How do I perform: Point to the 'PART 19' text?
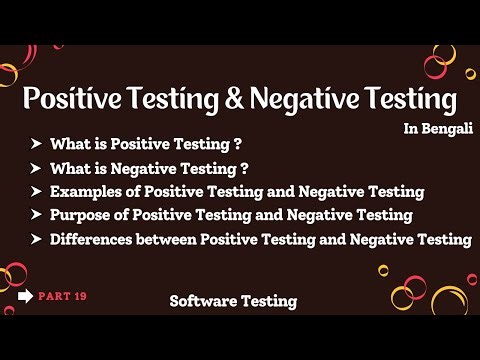[x=61, y=296]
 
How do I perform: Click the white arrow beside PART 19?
[x=26, y=296]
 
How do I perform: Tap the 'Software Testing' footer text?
[x=233, y=301]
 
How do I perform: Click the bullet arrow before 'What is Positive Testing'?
[x=37, y=144]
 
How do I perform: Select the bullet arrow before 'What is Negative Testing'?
[x=37, y=167]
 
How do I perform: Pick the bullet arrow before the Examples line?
[x=37, y=191]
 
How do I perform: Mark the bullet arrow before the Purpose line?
[x=37, y=215]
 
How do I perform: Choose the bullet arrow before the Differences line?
[x=37, y=239]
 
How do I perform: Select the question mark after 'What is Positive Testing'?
[x=238, y=144]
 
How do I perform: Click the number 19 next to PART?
[x=77, y=296]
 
